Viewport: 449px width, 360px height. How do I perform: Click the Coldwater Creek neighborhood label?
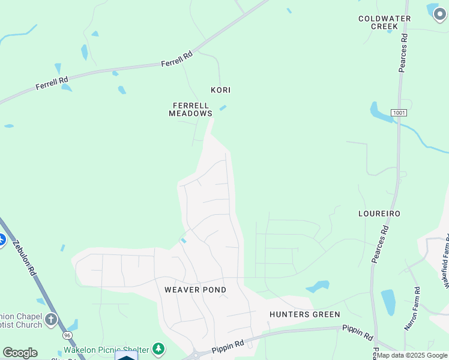pyautogui.click(x=384, y=22)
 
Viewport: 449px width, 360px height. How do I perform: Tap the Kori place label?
pyautogui.click(x=220, y=90)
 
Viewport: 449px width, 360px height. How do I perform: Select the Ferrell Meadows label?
pyautogui.click(x=190, y=109)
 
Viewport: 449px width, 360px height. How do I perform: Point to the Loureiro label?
pyautogui.click(x=379, y=214)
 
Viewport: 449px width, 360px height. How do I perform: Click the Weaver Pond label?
pyautogui.click(x=195, y=290)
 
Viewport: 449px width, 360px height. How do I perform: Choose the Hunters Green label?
pyautogui.click(x=304, y=314)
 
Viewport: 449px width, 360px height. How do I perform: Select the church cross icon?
pyautogui.click(x=51, y=319)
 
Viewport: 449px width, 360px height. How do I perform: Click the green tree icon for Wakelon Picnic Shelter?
pyautogui.click(x=158, y=348)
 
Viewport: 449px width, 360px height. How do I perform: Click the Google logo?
pyautogui.click(x=20, y=352)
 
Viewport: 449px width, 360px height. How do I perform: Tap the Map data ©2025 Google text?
pyautogui.click(x=412, y=356)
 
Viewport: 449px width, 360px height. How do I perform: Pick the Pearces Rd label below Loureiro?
pyautogui.click(x=381, y=244)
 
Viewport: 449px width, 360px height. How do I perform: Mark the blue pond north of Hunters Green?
pyautogui.click(x=318, y=286)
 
